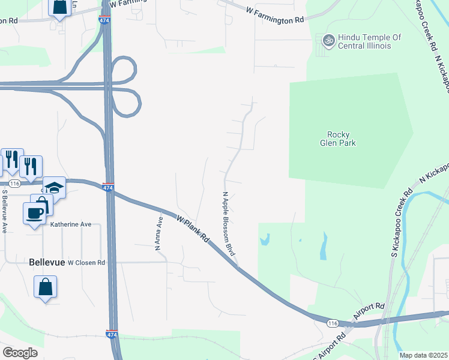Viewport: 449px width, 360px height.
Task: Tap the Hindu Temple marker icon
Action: (x=328, y=41)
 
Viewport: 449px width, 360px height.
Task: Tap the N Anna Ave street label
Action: (x=158, y=233)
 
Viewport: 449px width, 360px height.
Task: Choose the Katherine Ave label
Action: (x=71, y=224)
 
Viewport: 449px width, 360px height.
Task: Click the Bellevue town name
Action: (x=46, y=262)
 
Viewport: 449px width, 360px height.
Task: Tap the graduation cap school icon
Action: (x=54, y=187)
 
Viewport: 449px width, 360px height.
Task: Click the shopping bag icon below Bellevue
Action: (x=46, y=287)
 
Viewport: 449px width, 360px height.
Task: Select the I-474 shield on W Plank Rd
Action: (x=109, y=187)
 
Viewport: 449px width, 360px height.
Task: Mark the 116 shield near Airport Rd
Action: (x=333, y=323)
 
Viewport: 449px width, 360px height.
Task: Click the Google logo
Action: (x=20, y=353)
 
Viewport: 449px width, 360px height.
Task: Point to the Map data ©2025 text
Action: (x=423, y=355)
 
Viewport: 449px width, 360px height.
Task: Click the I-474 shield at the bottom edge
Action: (x=112, y=334)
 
